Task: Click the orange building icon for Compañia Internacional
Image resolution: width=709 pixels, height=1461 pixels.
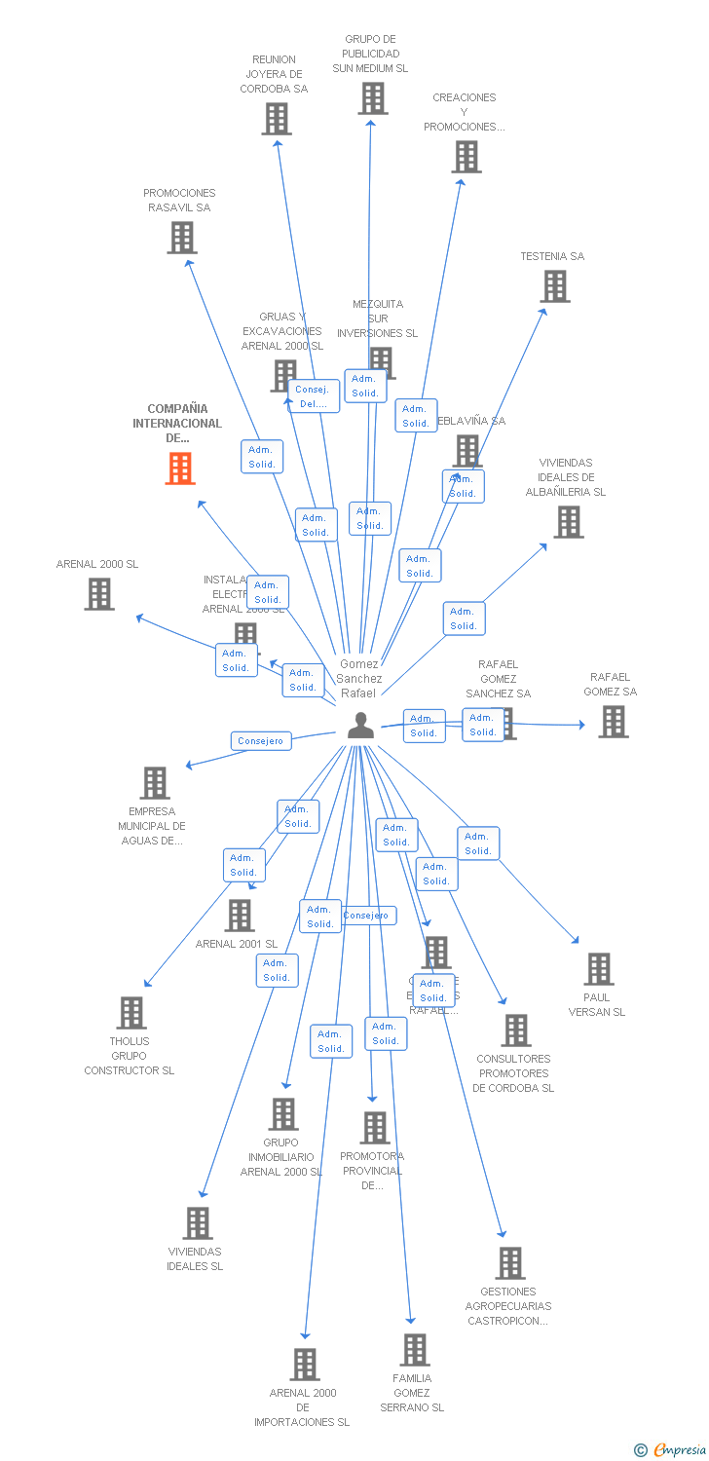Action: (180, 468)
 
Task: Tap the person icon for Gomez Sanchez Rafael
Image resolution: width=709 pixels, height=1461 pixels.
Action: (360, 726)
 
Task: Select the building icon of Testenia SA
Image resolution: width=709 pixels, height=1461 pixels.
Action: (555, 286)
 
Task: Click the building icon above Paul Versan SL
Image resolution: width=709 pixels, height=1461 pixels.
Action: (599, 969)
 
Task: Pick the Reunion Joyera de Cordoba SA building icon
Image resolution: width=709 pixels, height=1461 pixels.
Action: (277, 119)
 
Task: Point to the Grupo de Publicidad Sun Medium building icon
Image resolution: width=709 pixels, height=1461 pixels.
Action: (372, 98)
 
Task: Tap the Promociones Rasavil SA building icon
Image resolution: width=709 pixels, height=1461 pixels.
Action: (181, 238)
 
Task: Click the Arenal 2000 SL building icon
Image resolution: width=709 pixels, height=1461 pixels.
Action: (99, 594)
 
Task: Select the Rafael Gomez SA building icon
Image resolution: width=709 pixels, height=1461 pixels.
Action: (613, 722)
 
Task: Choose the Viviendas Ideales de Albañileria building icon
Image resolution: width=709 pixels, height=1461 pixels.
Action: (568, 522)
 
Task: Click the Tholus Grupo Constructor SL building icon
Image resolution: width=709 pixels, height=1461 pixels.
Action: (131, 1013)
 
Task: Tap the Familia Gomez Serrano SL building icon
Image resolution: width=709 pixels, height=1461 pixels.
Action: (415, 1350)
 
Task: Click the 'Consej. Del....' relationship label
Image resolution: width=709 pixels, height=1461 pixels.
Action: (314, 396)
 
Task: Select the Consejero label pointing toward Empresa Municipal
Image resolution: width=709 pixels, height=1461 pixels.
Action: (261, 741)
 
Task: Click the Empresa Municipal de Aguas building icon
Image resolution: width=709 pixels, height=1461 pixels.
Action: (155, 783)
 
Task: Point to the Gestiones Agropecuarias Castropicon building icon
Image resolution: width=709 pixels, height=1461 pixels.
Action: (509, 1263)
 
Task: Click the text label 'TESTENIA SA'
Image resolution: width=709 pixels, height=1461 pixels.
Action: (552, 256)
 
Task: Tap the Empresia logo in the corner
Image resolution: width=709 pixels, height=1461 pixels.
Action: (671, 1450)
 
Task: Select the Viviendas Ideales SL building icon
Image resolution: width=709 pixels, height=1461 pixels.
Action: (198, 1223)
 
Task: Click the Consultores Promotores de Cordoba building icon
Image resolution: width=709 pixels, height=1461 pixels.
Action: (515, 1030)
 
